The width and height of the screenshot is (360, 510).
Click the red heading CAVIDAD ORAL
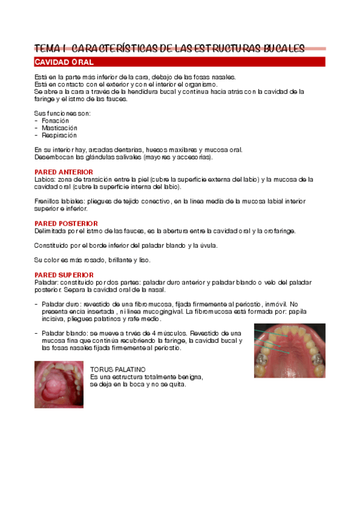63,62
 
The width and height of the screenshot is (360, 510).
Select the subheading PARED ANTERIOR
58,172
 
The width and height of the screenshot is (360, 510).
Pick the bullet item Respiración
59,135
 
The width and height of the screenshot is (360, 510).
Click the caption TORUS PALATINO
117,369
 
